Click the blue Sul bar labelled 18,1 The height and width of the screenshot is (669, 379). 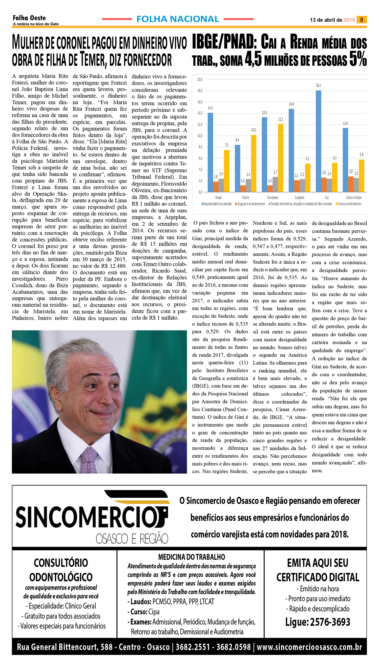(318, 141)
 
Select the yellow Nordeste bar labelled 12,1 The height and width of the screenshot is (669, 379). (280, 158)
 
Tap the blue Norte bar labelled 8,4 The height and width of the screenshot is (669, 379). (237, 168)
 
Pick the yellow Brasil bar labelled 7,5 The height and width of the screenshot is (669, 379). (226, 171)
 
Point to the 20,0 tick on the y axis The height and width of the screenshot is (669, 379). (200, 80)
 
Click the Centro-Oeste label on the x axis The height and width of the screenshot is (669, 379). (353, 198)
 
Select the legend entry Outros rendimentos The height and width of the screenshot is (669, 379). (349, 204)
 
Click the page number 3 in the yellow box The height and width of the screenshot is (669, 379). (361, 20)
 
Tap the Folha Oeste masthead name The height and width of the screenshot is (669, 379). (29, 18)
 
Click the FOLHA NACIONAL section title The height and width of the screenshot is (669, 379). (178, 19)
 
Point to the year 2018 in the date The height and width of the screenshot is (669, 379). (349, 20)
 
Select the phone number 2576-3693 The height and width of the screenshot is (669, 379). (330, 622)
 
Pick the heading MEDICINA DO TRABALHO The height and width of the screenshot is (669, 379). (192, 557)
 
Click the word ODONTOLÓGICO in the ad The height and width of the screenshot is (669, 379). (61, 577)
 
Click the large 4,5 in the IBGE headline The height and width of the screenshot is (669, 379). (253, 59)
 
